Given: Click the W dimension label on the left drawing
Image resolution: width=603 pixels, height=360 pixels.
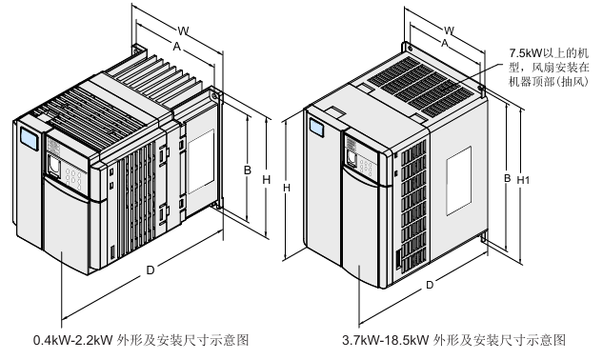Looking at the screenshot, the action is [183, 30].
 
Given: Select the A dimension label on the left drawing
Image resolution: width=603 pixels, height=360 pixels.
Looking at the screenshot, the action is [176, 47].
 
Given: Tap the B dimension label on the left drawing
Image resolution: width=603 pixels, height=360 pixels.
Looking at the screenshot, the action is [248, 170].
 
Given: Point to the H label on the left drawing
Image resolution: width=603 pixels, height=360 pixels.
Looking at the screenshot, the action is [266, 180].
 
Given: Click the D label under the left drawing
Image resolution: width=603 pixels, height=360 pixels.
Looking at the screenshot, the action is [151, 270].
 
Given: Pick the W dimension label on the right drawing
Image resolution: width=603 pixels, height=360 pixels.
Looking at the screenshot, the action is [449, 30].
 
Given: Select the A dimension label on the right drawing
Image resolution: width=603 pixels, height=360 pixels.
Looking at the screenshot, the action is [445, 43].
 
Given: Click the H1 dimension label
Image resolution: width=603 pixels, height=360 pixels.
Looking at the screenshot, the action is [523, 180].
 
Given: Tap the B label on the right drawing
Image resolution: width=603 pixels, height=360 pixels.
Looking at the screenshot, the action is [508, 178].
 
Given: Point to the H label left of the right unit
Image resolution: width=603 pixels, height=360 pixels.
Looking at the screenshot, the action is [286, 188].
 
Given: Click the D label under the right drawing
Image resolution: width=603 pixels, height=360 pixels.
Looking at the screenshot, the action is [430, 285].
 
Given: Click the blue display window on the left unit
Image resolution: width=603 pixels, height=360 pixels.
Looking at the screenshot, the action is [30, 138].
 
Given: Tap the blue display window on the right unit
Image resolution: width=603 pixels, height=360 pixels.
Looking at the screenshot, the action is [316, 128].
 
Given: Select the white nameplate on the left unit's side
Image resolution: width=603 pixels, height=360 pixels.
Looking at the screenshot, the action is [200, 161].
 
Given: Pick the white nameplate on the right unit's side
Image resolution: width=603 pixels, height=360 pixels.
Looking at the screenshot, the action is [459, 181].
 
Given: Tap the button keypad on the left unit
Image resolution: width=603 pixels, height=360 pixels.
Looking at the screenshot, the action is [73, 177].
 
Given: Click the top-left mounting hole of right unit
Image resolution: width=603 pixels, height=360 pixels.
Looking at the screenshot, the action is [411, 49].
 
